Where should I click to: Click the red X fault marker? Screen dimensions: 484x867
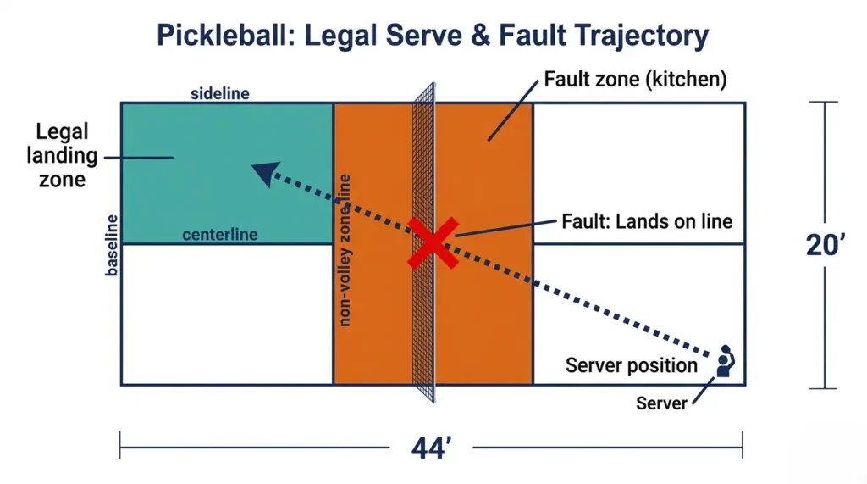point(433,242)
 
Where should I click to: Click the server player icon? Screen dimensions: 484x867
point(725,360)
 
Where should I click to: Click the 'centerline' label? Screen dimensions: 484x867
point(220,235)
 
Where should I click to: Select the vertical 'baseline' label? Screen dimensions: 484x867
point(112,245)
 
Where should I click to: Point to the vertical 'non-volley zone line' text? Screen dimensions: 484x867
point(345,249)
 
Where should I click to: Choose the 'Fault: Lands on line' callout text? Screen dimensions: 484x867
point(647,221)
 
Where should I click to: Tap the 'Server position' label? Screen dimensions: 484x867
point(631,366)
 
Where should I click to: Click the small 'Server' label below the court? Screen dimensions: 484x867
point(661,403)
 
